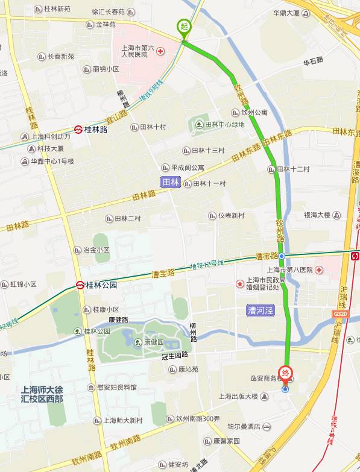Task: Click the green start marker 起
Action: pos(183,27)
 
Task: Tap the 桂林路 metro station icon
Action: pos(78,129)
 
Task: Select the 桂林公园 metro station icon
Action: pos(80,285)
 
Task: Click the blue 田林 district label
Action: pos(171,182)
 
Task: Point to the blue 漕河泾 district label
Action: pos(260,310)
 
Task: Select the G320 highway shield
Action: pos(340,314)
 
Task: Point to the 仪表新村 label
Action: pos(232,215)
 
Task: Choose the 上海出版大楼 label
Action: pos(238,396)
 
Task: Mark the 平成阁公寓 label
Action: pos(188,167)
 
